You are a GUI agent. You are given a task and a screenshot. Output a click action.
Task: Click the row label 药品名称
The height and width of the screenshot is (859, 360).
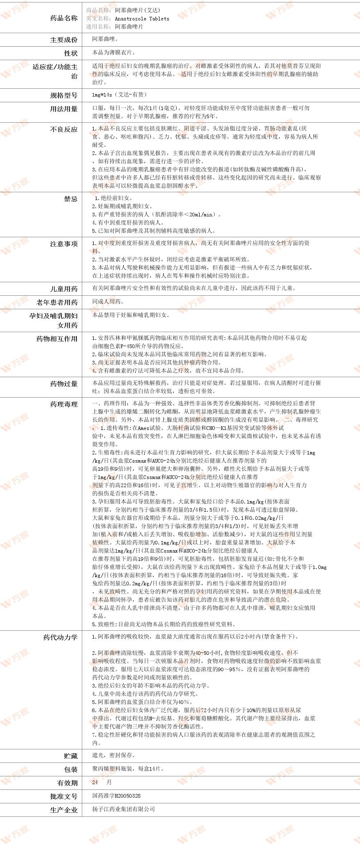coord(63,18)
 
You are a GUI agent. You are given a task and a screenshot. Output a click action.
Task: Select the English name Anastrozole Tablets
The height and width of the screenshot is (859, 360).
coord(142,18)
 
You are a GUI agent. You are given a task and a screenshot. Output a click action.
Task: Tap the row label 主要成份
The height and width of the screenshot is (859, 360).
coord(63,40)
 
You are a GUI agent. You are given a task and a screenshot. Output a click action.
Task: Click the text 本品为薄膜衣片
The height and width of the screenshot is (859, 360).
coord(114,53)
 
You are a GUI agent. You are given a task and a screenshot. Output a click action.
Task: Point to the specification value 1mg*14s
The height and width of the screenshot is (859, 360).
coord(102,94)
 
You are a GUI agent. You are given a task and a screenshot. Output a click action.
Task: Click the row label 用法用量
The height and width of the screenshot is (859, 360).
coord(63,109)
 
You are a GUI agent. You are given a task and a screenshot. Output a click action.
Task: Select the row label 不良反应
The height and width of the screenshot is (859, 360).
coord(63,129)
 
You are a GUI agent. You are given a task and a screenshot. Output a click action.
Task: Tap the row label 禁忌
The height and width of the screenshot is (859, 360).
coord(70,199)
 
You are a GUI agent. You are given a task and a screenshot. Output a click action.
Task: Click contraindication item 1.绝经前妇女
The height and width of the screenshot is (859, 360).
coord(112,198)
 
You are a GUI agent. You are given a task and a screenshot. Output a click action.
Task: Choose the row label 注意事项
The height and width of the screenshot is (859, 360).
coord(63,244)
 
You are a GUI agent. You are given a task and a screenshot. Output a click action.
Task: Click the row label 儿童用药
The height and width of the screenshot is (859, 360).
coord(63,289)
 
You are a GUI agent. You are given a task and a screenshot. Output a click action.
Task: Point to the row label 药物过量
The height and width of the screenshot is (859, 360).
coord(63,384)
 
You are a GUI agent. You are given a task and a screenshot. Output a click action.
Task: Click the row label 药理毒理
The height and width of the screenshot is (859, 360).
coord(63,404)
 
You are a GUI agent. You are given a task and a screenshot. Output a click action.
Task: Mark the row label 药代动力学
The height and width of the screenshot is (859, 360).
coord(60,637)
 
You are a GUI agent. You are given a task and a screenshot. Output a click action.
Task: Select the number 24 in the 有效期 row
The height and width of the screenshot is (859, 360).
coord(95,782)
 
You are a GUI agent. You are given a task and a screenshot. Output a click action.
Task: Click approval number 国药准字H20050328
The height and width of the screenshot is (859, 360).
coord(116,796)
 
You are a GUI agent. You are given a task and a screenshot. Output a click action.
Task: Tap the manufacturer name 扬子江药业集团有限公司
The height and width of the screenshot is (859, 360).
coord(124,809)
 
